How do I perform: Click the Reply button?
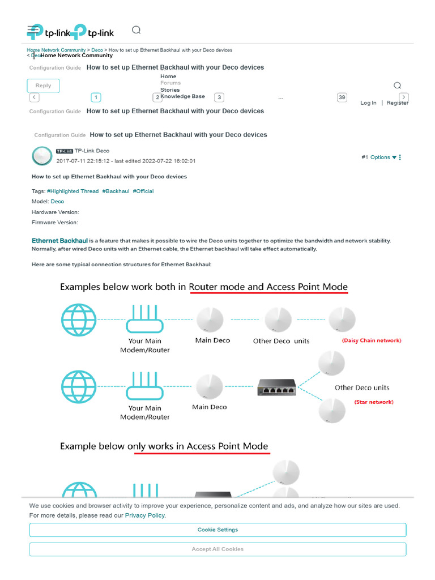[43, 86]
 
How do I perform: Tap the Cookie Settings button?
[217, 530]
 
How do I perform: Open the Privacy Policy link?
[145, 515]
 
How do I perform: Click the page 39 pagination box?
[342, 97]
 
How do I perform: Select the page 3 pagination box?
[219, 97]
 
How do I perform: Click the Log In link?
[368, 103]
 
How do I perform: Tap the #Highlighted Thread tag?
[72, 191]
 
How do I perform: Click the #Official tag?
[143, 191]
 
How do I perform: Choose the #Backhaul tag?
[116, 191]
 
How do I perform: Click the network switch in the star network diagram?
[276, 387]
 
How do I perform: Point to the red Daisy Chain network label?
[371, 340]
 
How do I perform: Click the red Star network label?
[374, 402]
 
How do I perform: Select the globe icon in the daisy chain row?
[79, 321]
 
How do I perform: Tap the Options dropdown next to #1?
[383, 157]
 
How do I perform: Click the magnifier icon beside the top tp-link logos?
[136, 30]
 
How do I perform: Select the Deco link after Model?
[57, 202]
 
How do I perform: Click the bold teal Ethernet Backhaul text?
[59, 241]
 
